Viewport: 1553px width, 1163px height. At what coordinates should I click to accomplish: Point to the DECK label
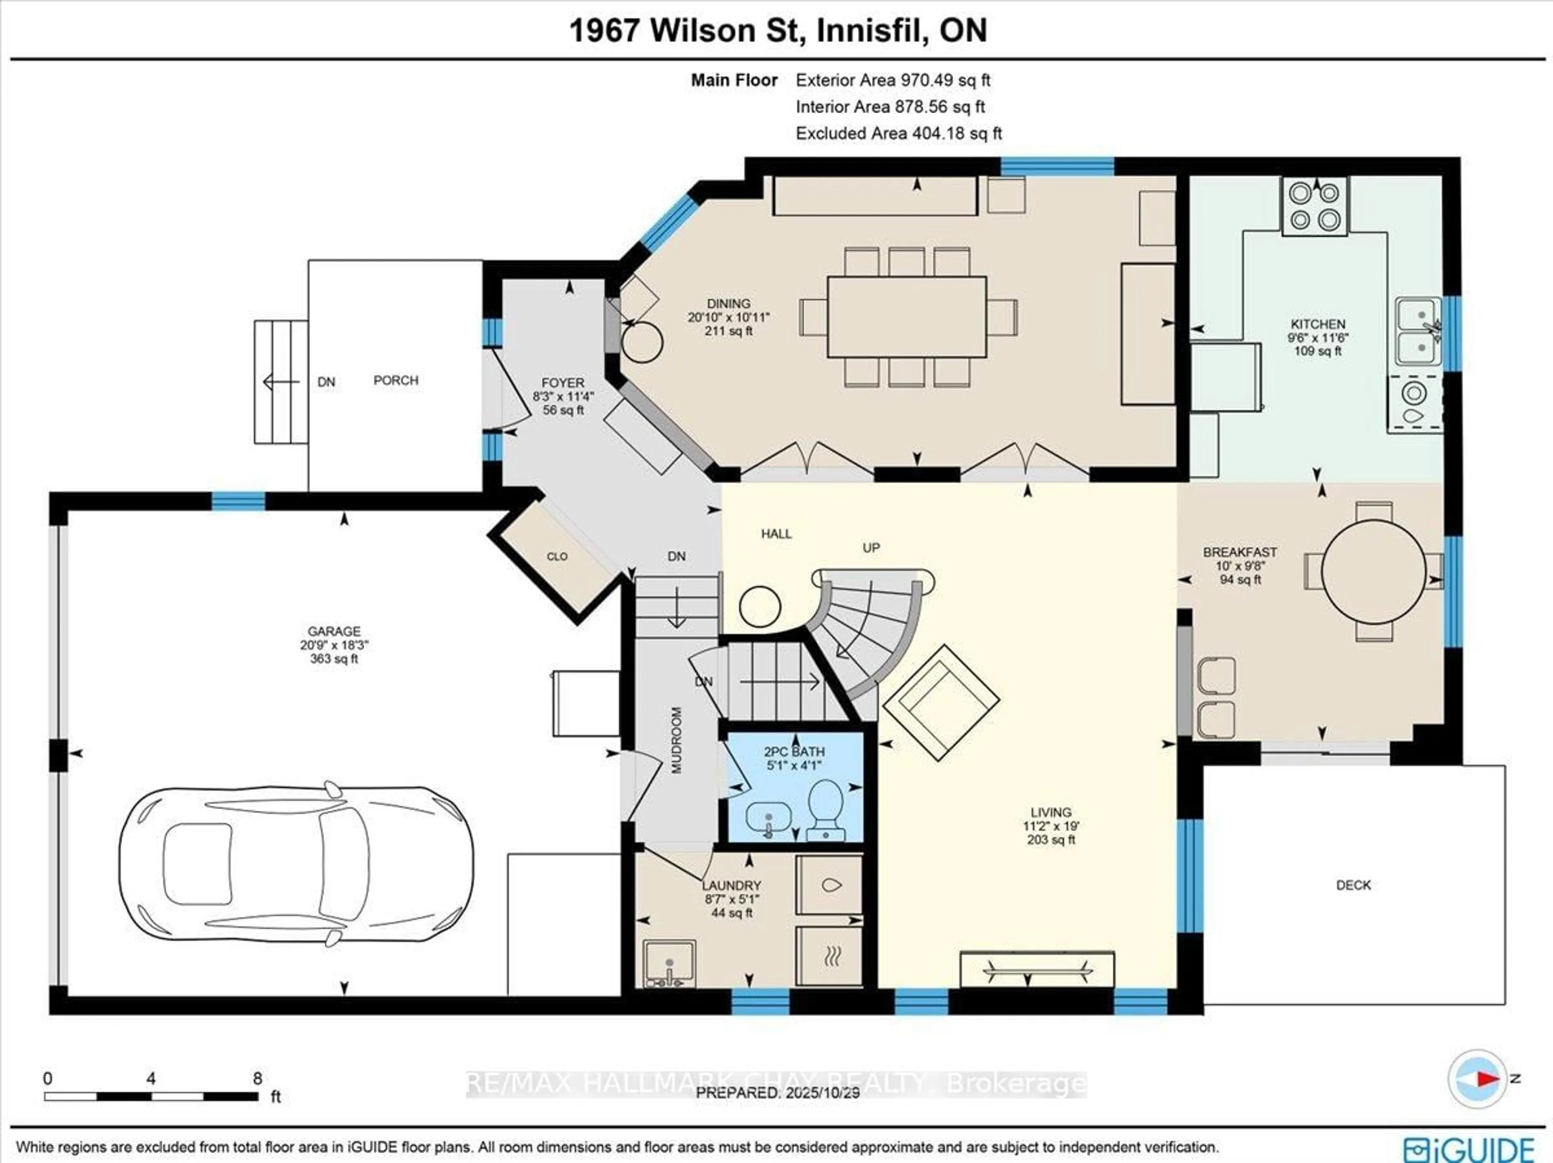1353,885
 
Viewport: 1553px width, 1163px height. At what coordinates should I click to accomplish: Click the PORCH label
395,380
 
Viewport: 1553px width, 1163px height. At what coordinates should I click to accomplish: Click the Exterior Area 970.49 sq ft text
892,80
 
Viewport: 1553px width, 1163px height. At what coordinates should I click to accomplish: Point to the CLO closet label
557,557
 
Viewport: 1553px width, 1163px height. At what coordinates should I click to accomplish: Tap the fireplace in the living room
1036,970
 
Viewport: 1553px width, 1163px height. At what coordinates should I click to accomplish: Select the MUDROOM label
677,741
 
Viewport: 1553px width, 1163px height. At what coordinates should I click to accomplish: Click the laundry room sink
669,963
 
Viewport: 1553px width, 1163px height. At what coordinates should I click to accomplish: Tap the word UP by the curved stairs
871,547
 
